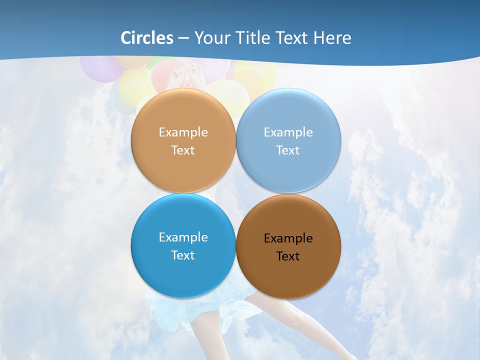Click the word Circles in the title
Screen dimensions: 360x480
tap(147, 38)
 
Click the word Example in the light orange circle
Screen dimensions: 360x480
tap(183, 132)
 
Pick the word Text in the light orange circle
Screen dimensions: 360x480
tap(183, 150)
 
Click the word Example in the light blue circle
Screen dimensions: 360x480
tap(288, 132)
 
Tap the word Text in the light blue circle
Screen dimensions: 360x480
tap(288, 150)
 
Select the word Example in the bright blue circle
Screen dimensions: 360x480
tap(183, 237)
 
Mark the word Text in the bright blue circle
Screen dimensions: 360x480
tap(183, 255)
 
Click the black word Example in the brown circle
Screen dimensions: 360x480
tap(288, 238)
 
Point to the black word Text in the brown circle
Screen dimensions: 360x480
tap(288, 256)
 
